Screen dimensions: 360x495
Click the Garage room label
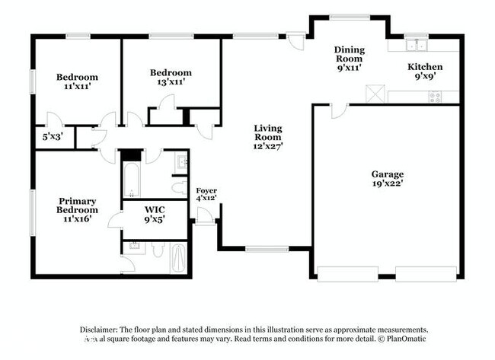pos(387,178)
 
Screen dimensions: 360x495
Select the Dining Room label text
pos(348,58)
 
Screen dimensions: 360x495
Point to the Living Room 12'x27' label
pos(268,137)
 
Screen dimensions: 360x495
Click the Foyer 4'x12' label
pos(206,193)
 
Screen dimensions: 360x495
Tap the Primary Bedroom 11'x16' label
pos(78,209)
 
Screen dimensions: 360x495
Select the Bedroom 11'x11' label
pos(77,81)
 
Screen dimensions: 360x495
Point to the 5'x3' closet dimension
pos(52,138)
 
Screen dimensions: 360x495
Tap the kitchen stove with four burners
pos(435,97)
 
